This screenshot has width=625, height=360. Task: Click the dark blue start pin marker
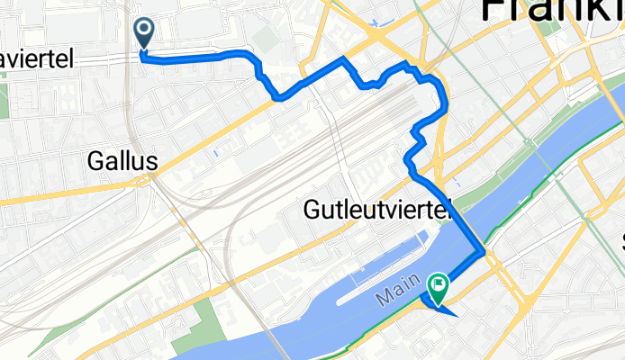pos(144,33)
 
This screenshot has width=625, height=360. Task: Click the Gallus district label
pos(123,162)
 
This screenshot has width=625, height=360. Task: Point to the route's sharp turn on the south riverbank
pos(485,254)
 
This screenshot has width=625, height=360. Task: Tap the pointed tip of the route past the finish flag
pos(457,315)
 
